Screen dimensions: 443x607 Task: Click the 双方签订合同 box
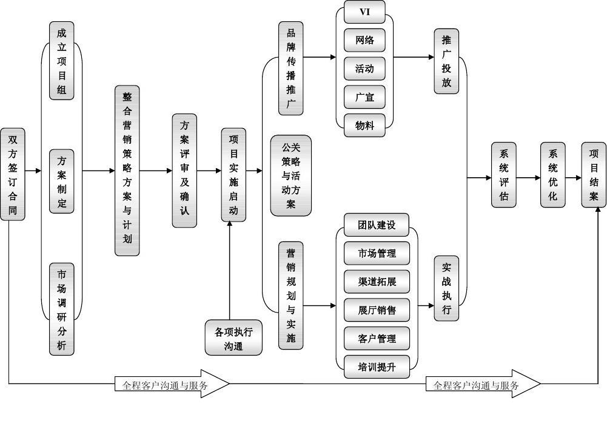(13, 174)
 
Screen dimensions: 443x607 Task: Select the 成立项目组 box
(61, 61)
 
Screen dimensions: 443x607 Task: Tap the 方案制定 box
(61, 181)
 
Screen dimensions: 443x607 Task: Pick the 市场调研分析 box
(61, 309)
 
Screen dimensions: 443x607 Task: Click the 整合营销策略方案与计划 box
(127, 171)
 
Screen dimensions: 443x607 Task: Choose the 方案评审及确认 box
(184, 171)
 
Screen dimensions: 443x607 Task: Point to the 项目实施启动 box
(233, 174)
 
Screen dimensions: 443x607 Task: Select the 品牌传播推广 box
(291, 68)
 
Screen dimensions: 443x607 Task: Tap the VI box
(364, 12)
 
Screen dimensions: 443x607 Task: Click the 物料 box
(364, 126)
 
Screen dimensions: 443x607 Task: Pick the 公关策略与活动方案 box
(291, 176)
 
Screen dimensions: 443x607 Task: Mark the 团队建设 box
(377, 225)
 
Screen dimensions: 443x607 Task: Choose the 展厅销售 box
(377, 310)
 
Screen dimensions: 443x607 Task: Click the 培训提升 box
(377, 367)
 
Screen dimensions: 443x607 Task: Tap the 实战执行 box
(446, 288)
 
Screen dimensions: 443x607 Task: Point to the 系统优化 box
(552, 175)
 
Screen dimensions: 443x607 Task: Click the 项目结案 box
(594, 175)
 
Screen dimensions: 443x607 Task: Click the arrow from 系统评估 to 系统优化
(528, 178)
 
